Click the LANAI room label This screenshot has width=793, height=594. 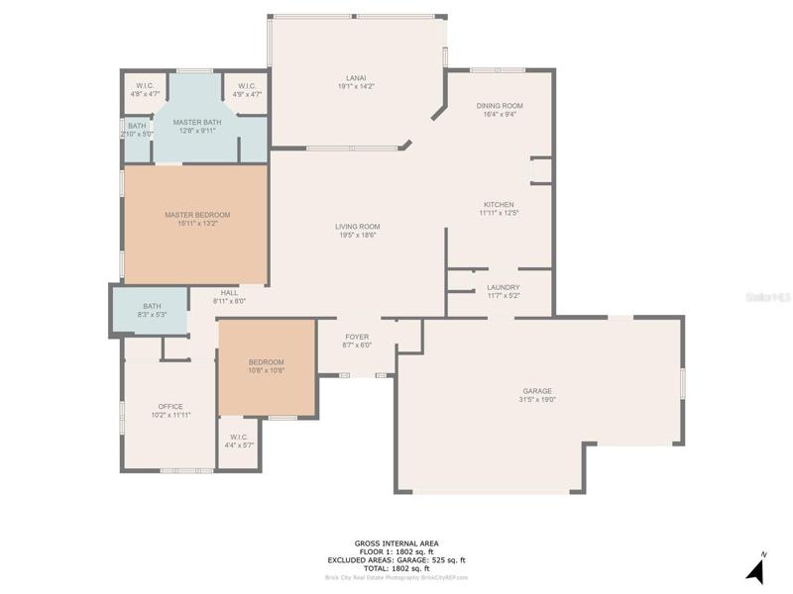click(x=356, y=78)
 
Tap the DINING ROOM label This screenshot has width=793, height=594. click(x=500, y=106)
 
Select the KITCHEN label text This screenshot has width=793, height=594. click(x=500, y=205)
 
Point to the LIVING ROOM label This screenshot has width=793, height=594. click(x=358, y=227)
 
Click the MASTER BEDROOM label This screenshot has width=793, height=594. click(x=197, y=215)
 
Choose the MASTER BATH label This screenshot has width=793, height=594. click(x=197, y=122)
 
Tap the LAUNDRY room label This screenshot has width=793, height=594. click(x=504, y=287)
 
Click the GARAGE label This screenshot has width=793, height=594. click(x=537, y=391)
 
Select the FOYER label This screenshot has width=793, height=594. click(x=357, y=337)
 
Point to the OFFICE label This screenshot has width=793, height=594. click(x=170, y=407)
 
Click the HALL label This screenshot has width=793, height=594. click(x=229, y=293)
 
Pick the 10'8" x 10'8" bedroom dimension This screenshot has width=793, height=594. click(x=267, y=370)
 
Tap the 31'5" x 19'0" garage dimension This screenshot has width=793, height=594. click(x=537, y=400)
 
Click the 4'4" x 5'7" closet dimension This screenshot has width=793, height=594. click(x=239, y=445)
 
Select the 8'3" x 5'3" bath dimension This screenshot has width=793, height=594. click(x=152, y=314)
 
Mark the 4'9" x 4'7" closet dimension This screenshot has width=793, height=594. click(x=247, y=94)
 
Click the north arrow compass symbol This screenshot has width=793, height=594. click(x=756, y=570)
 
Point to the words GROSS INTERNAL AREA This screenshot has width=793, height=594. click(x=396, y=544)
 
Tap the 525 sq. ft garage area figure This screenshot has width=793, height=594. click(x=448, y=560)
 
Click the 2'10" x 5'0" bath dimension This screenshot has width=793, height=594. click(x=137, y=135)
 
